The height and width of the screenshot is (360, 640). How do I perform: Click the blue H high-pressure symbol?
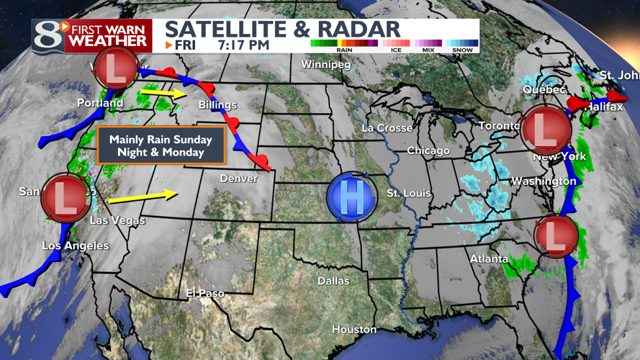coord(351,197)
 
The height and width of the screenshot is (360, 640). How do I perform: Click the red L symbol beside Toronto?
coord(546,130)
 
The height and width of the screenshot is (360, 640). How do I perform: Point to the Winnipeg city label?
coord(325,66)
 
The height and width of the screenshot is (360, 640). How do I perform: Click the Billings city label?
coord(217,105)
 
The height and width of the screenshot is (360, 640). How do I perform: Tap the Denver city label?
coord(238,178)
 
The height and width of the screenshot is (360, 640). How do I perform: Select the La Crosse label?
coord(387,128)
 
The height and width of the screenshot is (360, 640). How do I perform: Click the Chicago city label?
coord(428,151)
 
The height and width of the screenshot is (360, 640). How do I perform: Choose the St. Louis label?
coord(407,193)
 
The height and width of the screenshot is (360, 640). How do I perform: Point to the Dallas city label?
coord(333,281)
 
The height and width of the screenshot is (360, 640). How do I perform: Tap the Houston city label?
coord(354,330)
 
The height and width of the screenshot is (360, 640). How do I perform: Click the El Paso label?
coord(205,294)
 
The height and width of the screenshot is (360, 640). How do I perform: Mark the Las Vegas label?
coord(117,220)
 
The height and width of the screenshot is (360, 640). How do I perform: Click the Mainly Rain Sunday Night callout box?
coord(161,146)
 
